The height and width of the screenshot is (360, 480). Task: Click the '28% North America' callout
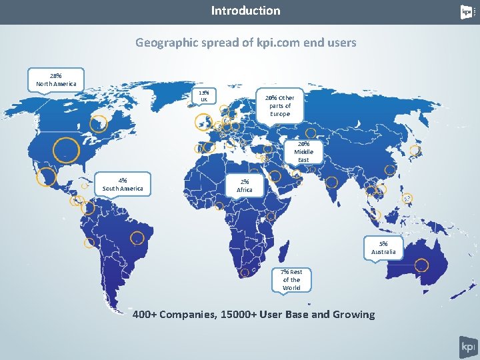(x=55, y=79)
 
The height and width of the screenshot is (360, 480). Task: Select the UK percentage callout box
(x=205, y=96)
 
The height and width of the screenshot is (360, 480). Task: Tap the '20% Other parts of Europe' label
(x=280, y=105)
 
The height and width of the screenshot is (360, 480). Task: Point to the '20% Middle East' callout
(x=303, y=151)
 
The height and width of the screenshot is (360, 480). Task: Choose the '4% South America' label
(x=122, y=184)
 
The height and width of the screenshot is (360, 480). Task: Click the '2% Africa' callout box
(x=245, y=185)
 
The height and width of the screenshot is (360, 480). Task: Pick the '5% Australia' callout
(x=383, y=247)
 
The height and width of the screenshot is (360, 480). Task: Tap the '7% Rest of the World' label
(x=291, y=279)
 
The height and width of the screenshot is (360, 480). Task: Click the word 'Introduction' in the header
(x=245, y=11)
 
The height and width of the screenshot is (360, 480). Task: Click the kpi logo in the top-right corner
(x=467, y=12)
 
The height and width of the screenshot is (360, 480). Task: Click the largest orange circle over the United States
(x=67, y=151)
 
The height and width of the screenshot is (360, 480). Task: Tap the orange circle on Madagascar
(x=285, y=249)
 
